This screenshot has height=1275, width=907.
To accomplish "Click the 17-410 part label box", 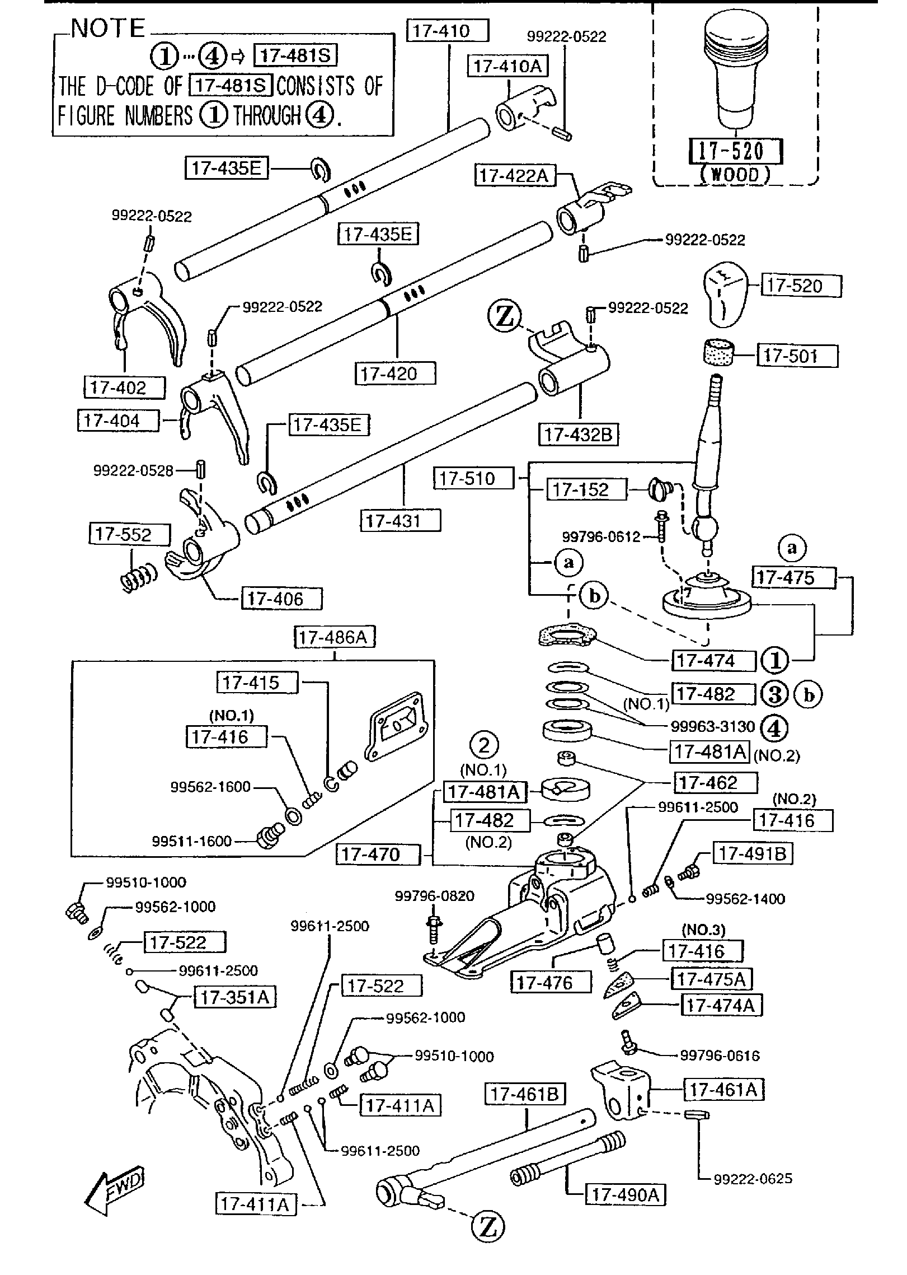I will click(x=449, y=31).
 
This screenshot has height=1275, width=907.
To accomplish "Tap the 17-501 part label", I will click(x=797, y=356).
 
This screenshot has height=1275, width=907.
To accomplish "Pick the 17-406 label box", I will click(x=282, y=599).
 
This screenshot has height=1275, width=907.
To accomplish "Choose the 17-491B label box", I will click(x=753, y=853).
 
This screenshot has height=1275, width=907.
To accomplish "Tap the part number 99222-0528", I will click(x=133, y=471).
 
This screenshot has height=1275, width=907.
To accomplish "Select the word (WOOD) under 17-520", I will click(x=735, y=175).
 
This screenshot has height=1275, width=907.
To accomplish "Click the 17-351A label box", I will click(x=235, y=997).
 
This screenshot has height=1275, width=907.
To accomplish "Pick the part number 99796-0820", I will click(x=434, y=896).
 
